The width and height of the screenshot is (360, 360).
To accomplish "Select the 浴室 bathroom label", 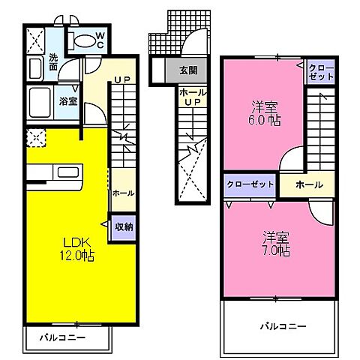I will (x=67, y=100).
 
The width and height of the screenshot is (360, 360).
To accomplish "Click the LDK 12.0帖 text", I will (x=76, y=247).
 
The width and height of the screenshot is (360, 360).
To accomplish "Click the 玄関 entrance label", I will (x=188, y=71).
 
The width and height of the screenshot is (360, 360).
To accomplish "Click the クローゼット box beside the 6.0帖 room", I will (x=320, y=72).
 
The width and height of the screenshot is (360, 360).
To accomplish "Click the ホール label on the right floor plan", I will (x=309, y=184).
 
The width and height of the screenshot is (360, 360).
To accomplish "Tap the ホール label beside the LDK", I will (x=123, y=193).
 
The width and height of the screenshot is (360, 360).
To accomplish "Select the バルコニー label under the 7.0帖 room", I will (x=283, y=326).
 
